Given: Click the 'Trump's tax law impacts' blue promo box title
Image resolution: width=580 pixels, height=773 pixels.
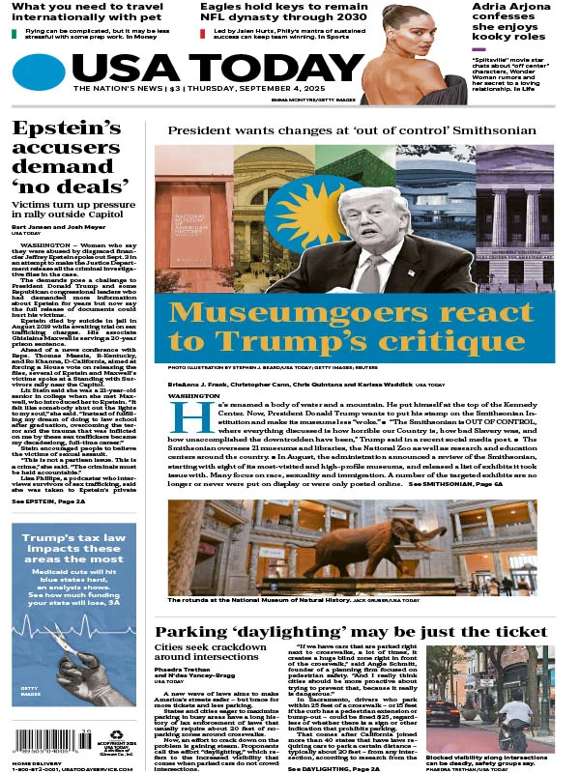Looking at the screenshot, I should [x=74, y=547].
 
